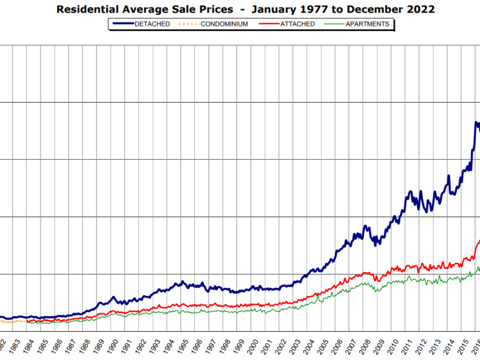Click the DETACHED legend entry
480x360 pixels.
click(x=153, y=24)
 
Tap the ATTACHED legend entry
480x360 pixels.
click(x=298, y=24)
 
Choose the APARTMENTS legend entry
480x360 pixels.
click(x=367, y=24)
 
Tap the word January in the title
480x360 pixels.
click(x=274, y=10)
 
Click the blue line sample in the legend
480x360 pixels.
click(x=122, y=24)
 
